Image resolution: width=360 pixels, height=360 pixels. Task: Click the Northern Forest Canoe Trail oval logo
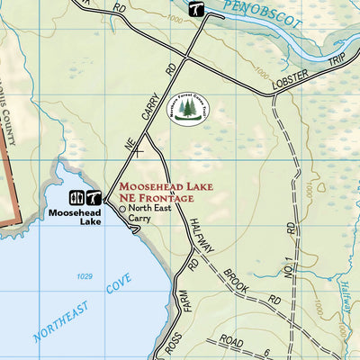(x=188, y=109)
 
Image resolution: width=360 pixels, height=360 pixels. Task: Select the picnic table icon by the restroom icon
(x=92, y=197)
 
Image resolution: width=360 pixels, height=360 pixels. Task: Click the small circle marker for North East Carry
(x=122, y=208)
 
